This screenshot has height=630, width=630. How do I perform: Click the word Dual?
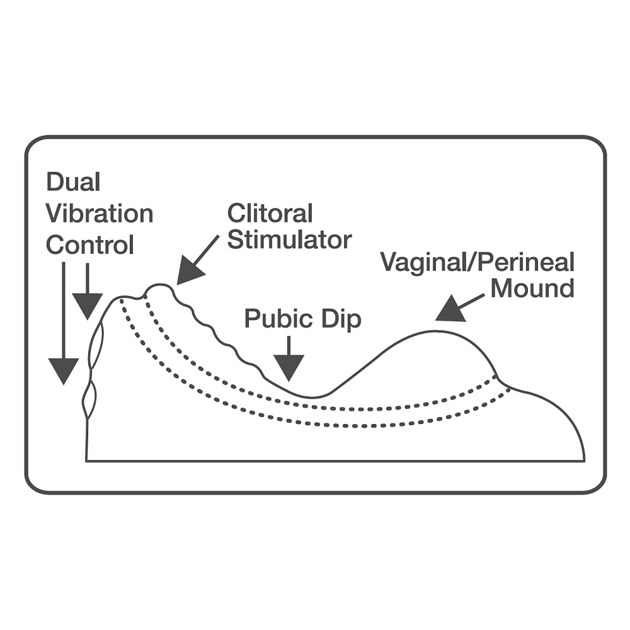click(x=73, y=183)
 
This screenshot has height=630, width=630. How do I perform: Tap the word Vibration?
click(x=100, y=214)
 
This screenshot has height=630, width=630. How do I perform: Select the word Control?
click(x=90, y=244)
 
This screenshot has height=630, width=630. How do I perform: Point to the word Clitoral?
click(x=270, y=214)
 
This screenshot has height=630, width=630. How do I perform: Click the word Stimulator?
click(x=289, y=240)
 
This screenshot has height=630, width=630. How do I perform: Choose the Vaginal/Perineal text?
click(x=477, y=263)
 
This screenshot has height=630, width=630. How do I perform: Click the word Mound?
click(x=532, y=289)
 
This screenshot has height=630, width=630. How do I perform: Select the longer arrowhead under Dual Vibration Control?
click(x=63, y=370)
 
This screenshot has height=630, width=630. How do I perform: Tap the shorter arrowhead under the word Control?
click(x=87, y=306)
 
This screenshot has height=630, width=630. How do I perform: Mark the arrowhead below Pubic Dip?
click(x=289, y=367)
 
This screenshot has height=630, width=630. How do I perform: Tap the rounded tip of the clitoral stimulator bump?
click(x=159, y=287)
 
